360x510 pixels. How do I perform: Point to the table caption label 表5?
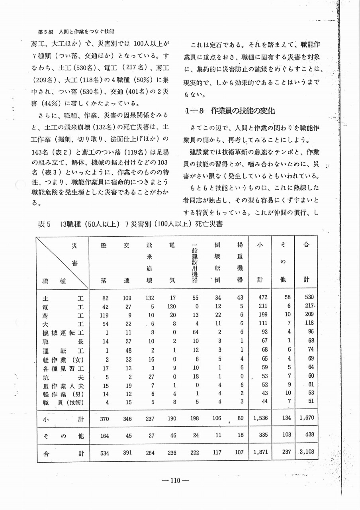point(44,224)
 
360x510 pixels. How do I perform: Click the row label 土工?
point(62,297)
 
